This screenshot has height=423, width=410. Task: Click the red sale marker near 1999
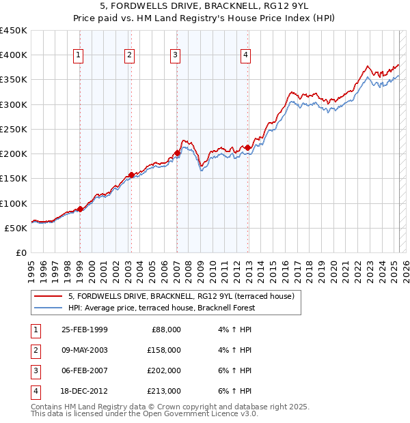[80, 209]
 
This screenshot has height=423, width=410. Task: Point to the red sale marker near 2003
[131, 175]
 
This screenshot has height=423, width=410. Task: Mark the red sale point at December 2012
[247, 147]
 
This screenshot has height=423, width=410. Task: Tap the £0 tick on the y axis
[21, 252]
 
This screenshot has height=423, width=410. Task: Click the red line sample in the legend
[49, 296]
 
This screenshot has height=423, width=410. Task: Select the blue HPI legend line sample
[49, 308]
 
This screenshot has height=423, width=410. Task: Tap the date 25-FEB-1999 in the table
[84, 329]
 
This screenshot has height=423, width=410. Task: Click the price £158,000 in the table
[164, 350]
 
